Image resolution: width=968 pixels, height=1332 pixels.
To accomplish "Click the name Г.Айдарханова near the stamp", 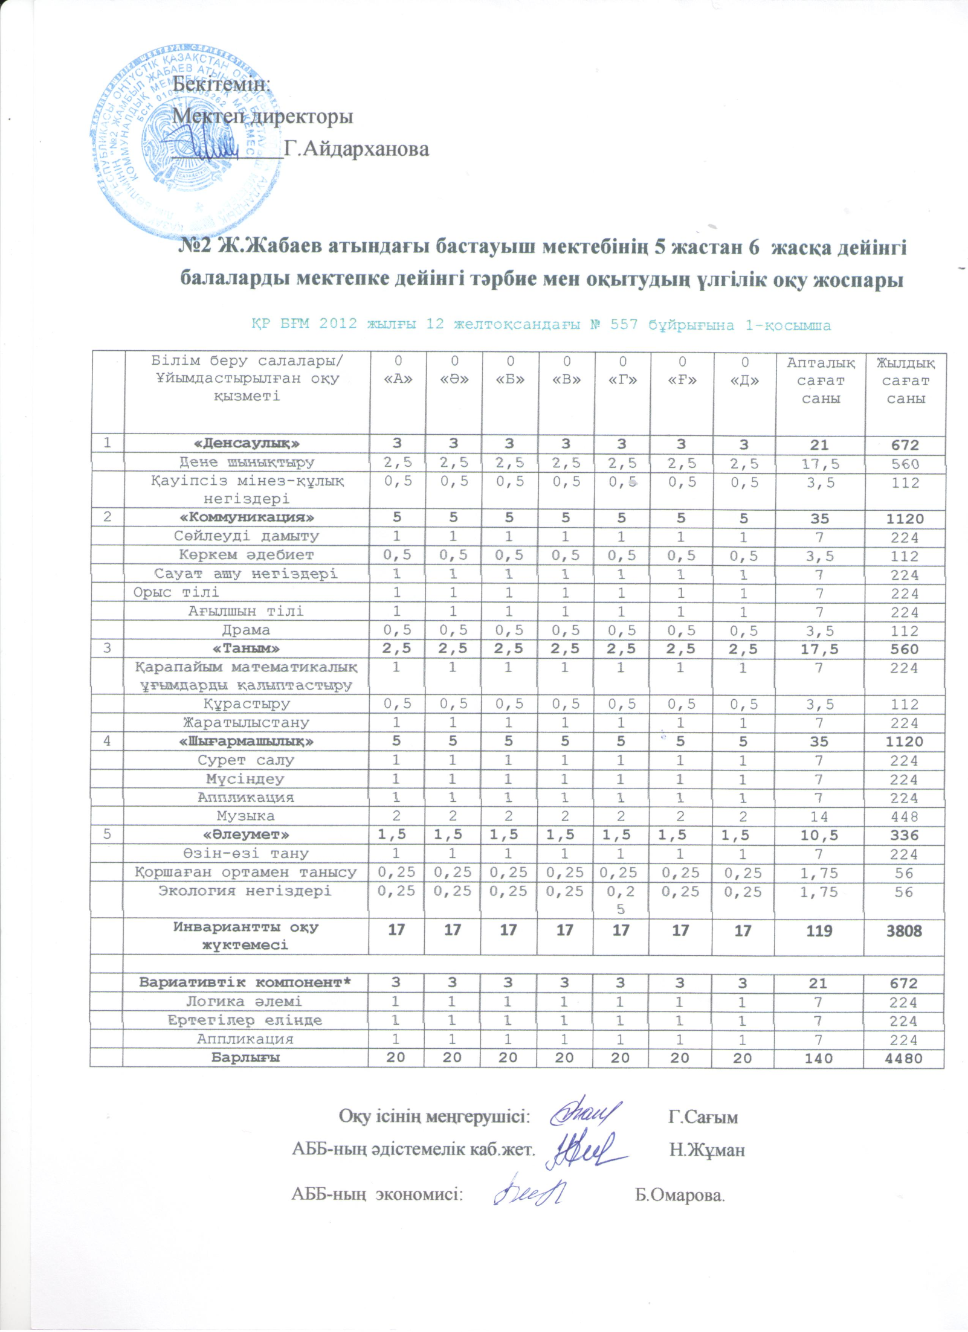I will [x=357, y=149].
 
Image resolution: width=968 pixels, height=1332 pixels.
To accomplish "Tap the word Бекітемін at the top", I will [x=221, y=84].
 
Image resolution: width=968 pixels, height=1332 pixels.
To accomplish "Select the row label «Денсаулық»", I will [x=247, y=443].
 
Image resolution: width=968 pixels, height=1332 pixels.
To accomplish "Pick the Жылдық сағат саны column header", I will [x=905, y=380].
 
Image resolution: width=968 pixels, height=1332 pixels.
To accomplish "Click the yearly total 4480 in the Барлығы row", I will [x=905, y=1058].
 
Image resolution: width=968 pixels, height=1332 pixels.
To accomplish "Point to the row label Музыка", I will [x=246, y=816].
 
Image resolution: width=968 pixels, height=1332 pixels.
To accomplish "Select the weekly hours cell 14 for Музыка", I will [x=819, y=816].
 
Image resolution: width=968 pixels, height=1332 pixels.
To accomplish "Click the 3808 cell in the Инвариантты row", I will [x=904, y=930].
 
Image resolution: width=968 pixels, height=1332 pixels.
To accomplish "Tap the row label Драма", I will [x=246, y=630].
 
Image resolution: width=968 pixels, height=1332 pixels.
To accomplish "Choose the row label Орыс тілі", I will [x=176, y=592].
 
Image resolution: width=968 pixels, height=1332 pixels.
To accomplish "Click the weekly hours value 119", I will [x=819, y=930].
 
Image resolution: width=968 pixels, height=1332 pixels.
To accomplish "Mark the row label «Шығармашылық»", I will [x=247, y=741].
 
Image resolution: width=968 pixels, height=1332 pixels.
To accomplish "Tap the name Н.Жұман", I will [x=707, y=1150].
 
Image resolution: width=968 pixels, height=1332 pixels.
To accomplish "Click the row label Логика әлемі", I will [x=244, y=1002].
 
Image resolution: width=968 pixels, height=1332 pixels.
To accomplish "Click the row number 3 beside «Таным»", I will [x=107, y=648].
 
